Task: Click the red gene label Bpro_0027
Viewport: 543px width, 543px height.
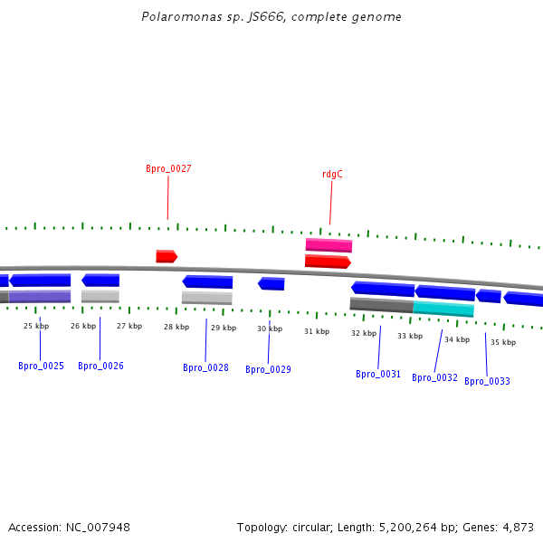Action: coord(168,168)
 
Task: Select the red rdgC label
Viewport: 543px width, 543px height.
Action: coord(332,174)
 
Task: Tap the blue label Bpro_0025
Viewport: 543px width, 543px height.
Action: coord(41,366)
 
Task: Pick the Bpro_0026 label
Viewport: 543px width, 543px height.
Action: coord(100,366)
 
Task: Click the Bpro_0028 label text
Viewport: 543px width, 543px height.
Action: coord(205,367)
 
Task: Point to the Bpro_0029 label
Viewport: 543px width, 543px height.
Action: coord(268,369)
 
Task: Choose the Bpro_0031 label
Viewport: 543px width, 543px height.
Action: coord(378,374)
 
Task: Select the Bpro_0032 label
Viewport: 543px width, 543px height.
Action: coord(434,377)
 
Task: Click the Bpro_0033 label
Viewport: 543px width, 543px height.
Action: coord(487,381)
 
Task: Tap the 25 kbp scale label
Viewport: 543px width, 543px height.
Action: coord(35,326)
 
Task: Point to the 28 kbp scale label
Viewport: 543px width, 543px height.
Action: coord(176,327)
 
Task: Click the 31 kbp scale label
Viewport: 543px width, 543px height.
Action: coord(317,331)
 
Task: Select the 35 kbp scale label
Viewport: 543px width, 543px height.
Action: coord(503,342)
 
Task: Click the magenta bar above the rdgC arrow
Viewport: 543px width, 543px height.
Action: coord(329,244)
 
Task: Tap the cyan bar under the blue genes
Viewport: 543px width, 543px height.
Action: coord(443,309)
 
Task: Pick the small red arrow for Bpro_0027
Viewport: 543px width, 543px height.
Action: coord(166,256)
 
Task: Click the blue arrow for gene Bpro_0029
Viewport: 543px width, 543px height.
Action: coord(271,284)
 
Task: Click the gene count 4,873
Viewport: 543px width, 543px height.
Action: coord(518,527)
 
